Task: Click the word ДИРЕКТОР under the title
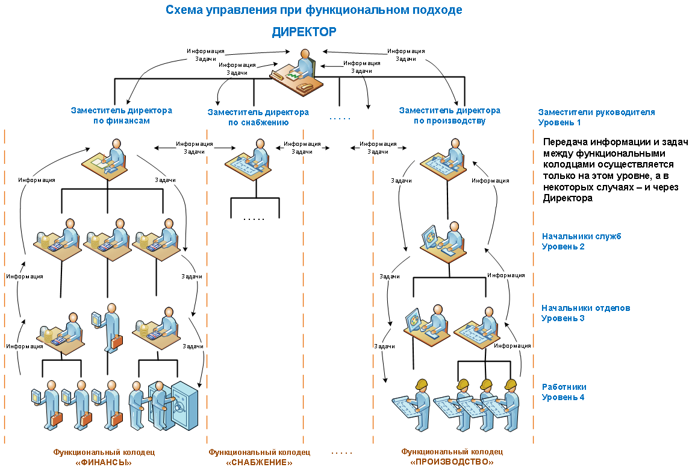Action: coord(304,32)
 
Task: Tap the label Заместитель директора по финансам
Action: coord(121,116)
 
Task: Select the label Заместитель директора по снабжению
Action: coord(258,117)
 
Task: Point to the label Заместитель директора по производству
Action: coord(449,116)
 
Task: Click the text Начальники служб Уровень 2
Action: coord(581,241)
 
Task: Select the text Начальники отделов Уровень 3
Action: coord(585,313)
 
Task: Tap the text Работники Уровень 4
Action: coord(564,392)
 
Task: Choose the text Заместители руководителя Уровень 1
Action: coord(596,117)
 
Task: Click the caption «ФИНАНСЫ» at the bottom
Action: coord(104,462)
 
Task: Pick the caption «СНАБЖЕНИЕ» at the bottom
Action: coord(259,462)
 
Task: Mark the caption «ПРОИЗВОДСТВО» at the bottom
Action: coord(452,462)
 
